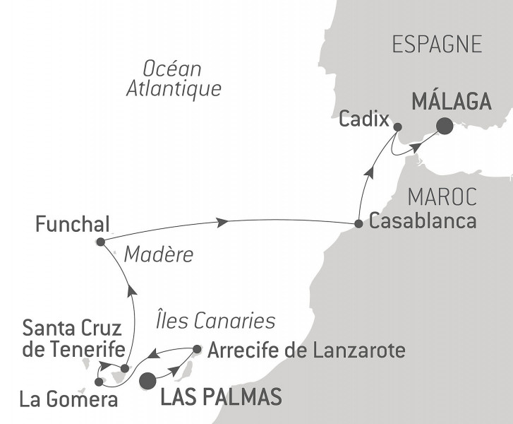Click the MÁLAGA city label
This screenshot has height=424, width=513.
451,102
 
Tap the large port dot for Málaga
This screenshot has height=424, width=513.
445,126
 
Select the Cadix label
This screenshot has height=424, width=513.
364,119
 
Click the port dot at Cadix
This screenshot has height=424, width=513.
397,127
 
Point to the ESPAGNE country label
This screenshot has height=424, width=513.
437,45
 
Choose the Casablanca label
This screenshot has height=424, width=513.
423,221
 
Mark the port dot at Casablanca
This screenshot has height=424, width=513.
358,224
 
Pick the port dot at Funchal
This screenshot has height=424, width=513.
100,242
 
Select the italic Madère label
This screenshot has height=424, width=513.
158,255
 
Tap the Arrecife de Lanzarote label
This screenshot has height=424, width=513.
307,350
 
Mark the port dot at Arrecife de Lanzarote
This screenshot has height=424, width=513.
197,348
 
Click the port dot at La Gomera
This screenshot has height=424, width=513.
98,382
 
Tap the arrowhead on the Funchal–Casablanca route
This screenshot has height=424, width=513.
223,222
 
